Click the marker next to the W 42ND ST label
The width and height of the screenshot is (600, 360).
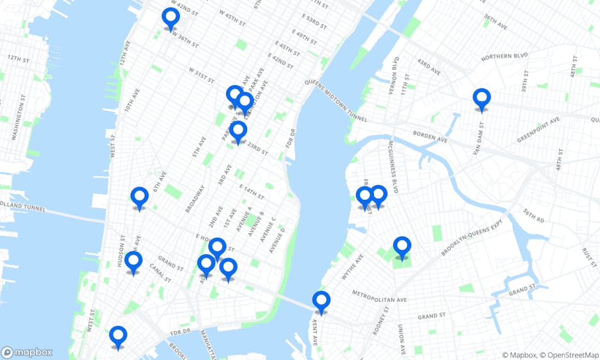pyautogui.click(x=170, y=19)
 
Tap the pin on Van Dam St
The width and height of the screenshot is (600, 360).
pyautogui.click(x=482, y=99)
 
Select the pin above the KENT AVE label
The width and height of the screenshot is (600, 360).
pyautogui.click(x=321, y=302)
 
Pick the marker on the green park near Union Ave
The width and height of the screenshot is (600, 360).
pyautogui.click(x=401, y=247)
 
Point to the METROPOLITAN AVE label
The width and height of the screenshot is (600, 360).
pyautogui.click(x=380, y=297)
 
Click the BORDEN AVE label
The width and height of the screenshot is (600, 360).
pyautogui.click(x=430, y=135)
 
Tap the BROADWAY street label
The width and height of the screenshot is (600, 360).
pyautogui.click(x=196, y=199)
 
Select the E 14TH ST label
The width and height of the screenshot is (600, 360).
pyautogui.click(x=252, y=190)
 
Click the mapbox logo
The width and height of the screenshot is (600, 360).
pyautogui.click(x=27, y=352)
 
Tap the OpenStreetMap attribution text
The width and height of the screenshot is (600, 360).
pyautogui.click(x=571, y=355)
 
